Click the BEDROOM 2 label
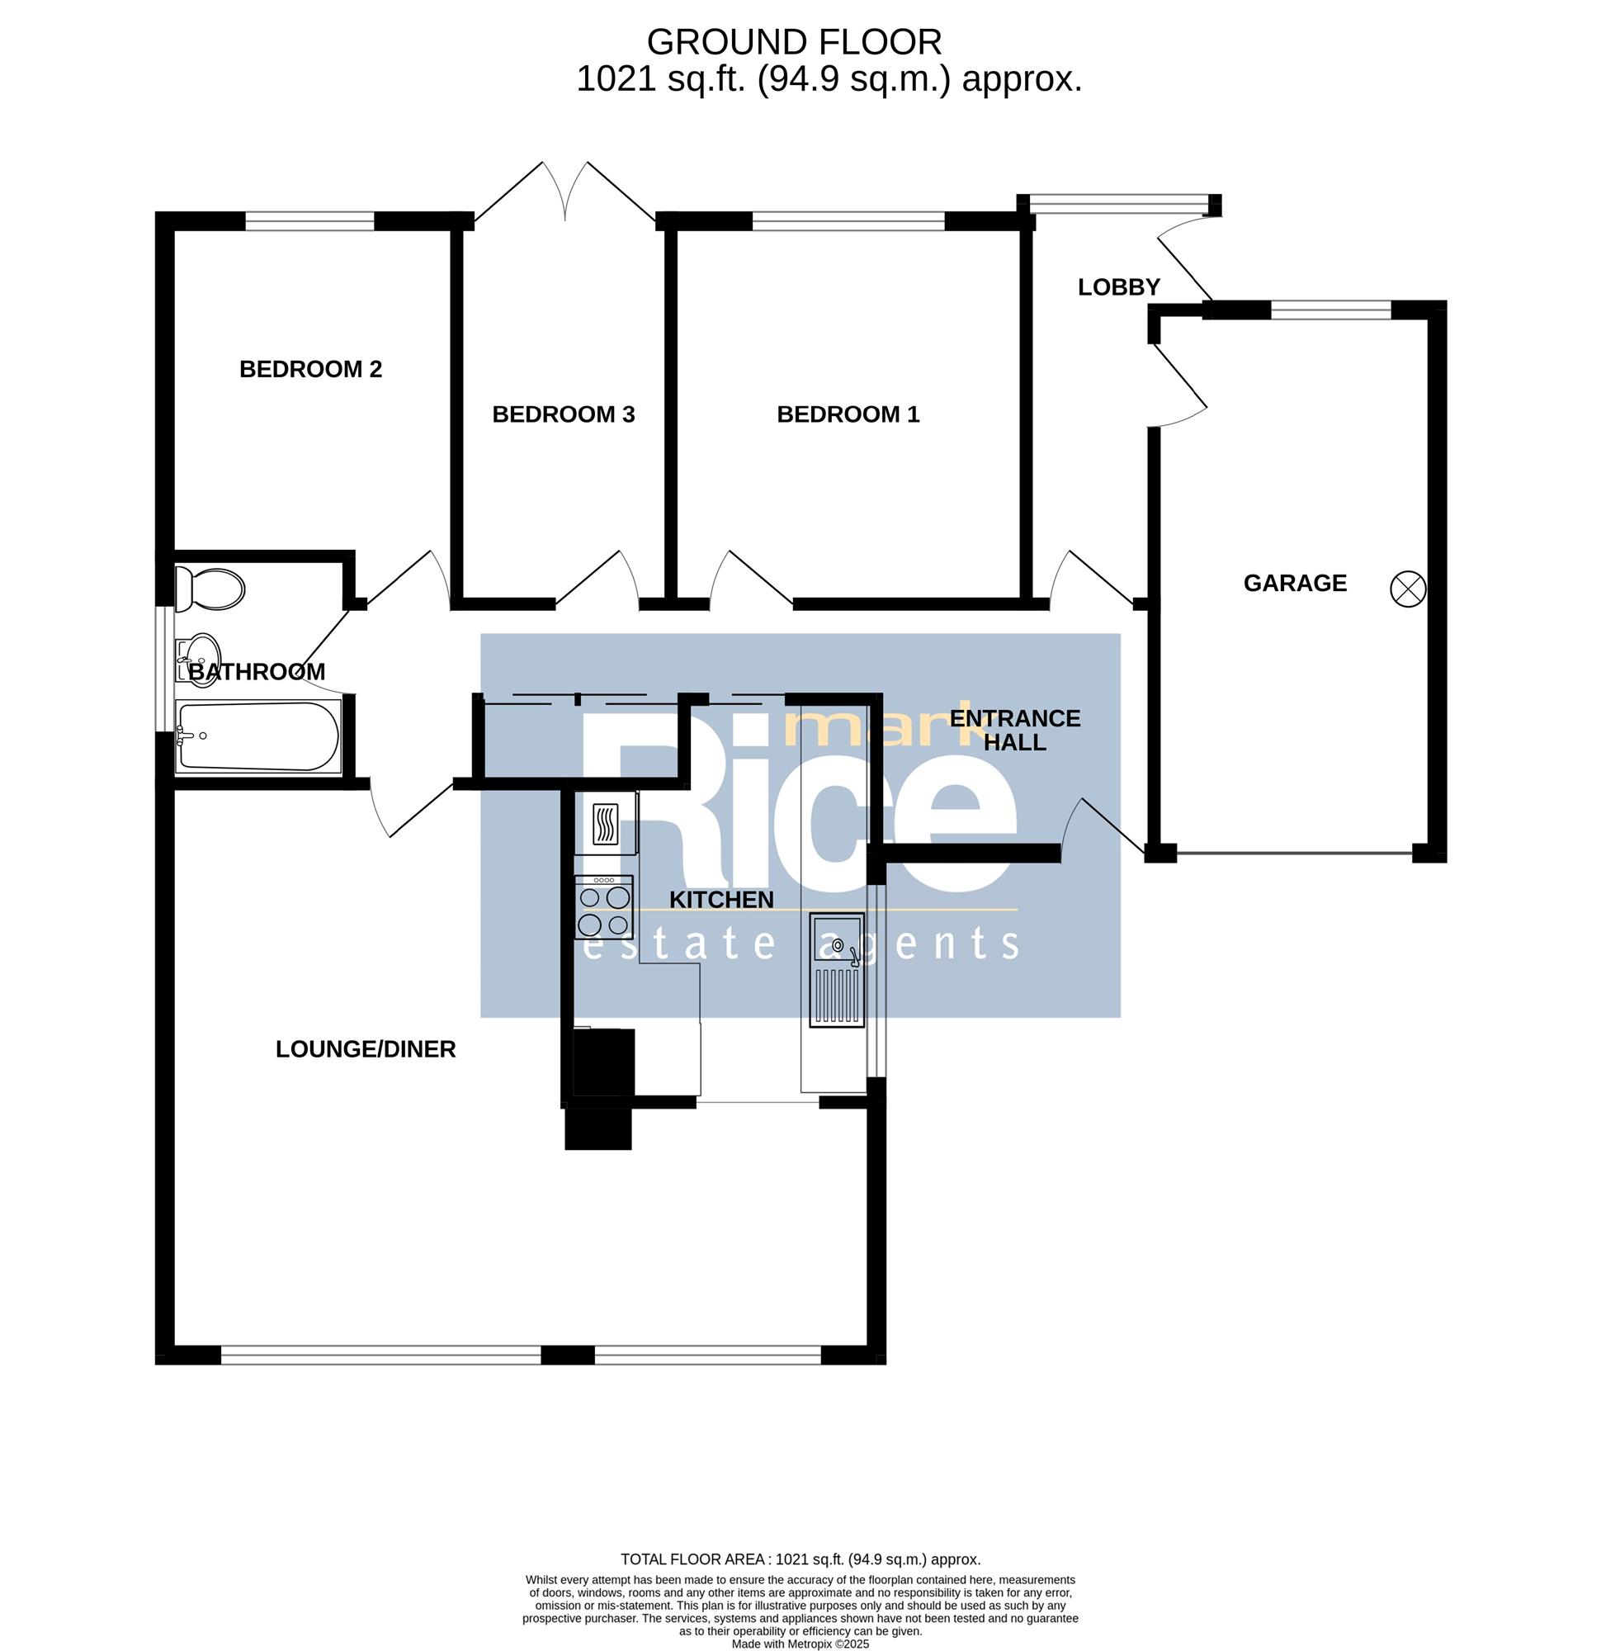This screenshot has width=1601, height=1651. pos(311,369)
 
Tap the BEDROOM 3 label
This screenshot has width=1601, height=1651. pos(564,414)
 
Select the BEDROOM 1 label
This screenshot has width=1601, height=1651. pos(848,414)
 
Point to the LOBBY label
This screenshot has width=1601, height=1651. pos(1119,287)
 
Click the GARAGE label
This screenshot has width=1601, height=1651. pos(1296,583)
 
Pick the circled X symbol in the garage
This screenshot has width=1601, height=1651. pos(1408,588)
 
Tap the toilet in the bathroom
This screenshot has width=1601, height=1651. pos(210,589)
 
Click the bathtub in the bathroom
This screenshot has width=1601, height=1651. pos(258,736)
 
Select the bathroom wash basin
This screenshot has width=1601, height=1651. pos(198,658)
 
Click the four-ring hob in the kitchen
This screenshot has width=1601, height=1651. pos(604,907)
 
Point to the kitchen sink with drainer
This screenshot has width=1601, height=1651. pos(837,969)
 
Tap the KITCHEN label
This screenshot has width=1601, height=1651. pos(722,900)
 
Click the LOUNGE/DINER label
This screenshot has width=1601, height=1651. pos(366,1048)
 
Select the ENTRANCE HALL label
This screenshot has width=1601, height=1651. pos(1015,731)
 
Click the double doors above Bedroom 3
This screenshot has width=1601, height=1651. pos(565,193)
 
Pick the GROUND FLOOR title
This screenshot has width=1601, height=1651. pos(794,42)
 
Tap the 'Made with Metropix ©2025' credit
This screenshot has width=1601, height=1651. pos(800,1644)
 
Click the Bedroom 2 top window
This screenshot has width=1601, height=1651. pos(309,221)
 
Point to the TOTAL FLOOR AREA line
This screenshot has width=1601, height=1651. pos(800,1559)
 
